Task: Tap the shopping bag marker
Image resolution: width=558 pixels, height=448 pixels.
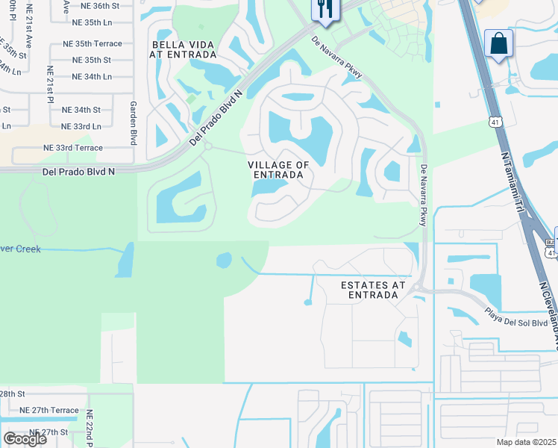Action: coord(498,44)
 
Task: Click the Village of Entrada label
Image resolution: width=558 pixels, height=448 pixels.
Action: coord(278,169)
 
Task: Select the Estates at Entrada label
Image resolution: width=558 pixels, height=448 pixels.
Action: coord(373,290)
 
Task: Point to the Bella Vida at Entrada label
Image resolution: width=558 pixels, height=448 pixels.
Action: coord(184,49)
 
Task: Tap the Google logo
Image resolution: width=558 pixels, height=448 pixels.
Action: coord(25,439)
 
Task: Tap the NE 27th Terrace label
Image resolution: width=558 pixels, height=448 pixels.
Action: coord(49,410)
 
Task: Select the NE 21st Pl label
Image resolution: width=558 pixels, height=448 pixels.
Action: coord(51,84)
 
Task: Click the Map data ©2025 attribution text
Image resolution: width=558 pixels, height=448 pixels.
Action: coord(527,442)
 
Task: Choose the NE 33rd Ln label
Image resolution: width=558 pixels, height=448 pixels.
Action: coord(81,126)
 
